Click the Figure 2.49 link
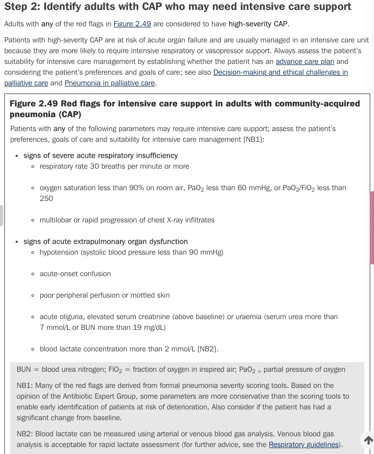(x=132, y=24)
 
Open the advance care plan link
(x=305, y=62)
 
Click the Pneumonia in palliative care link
(x=110, y=83)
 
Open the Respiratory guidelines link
(x=304, y=445)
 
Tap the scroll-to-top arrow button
(x=368, y=440)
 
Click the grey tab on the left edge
(x=1, y=215)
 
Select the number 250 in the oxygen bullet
(x=46, y=199)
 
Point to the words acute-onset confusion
(x=75, y=274)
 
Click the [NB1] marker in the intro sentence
(x=253, y=139)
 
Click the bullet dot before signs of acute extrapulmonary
(x=17, y=242)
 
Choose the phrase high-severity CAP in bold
(x=258, y=24)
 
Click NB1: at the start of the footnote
(x=25, y=385)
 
